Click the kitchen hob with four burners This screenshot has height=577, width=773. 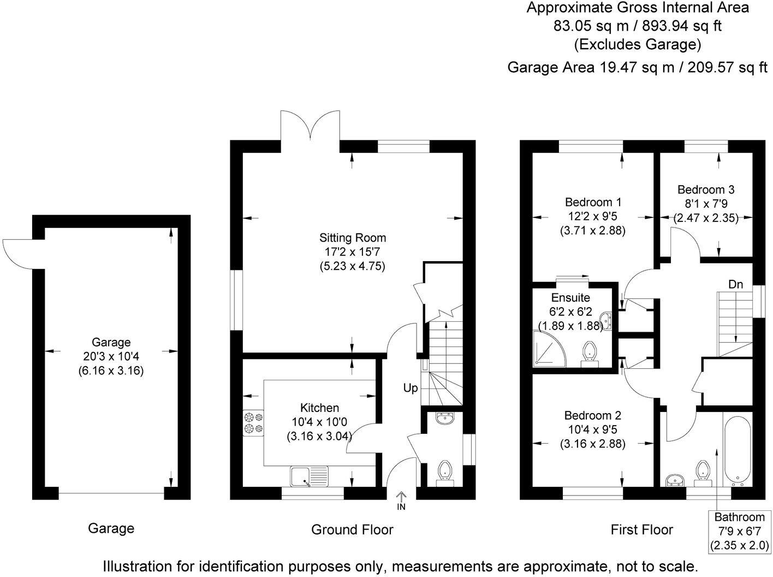pyautogui.click(x=253, y=422)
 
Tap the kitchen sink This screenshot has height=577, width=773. pyautogui.click(x=309, y=476)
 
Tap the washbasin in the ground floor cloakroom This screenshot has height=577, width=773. pyautogui.click(x=443, y=419)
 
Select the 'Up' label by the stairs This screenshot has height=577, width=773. pyautogui.click(x=411, y=388)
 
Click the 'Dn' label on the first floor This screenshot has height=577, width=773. pyautogui.click(x=735, y=284)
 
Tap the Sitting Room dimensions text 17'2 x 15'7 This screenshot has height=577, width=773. pyautogui.click(x=352, y=252)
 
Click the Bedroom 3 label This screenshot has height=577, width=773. pyautogui.click(x=705, y=190)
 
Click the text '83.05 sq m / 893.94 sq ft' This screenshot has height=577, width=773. pyautogui.click(x=638, y=26)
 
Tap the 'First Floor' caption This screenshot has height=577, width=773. pyautogui.click(x=641, y=529)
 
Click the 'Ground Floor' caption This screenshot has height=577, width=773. pyautogui.click(x=352, y=529)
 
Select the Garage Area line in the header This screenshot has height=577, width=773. pyautogui.click(x=637, y=67)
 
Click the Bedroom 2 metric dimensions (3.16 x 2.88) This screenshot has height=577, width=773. pyautogui.click(x=592, y=444)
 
